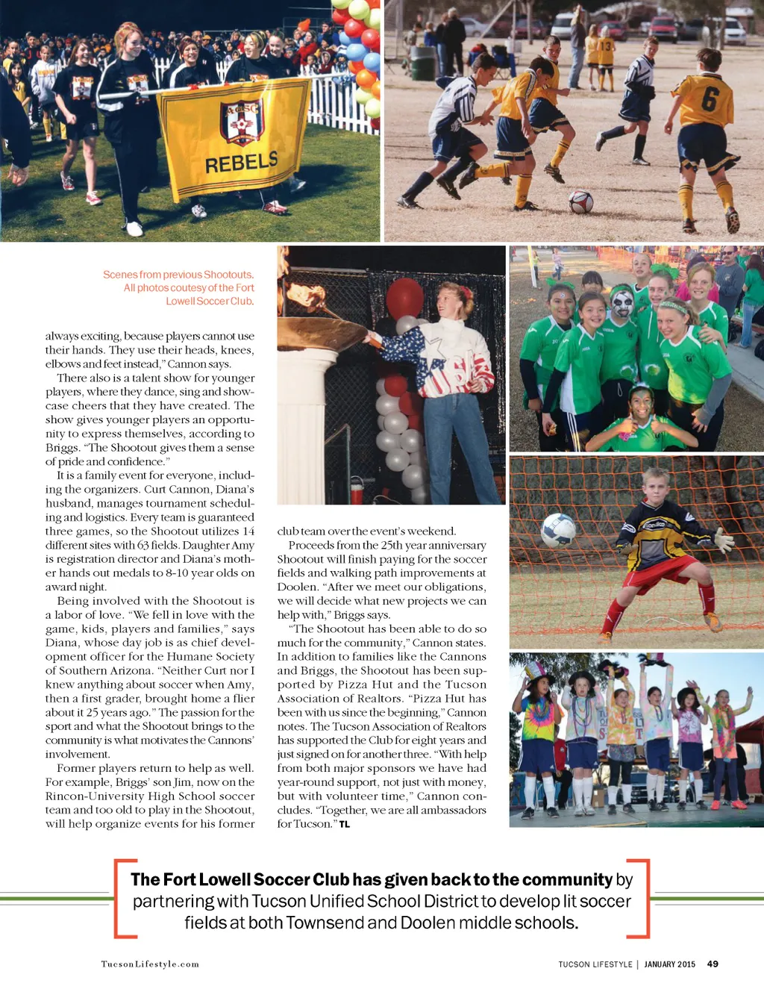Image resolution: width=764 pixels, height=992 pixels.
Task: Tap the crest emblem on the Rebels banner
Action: click(x=242, y=122)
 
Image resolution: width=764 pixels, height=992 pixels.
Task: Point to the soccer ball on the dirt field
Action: click(x=580, y=202)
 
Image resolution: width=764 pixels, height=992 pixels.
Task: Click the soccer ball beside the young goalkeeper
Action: click(x=558, y=530)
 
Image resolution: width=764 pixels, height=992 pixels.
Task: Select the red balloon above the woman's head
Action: click(x=404, y=297)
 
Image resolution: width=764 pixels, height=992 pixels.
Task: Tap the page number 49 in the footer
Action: click(x=713, y=964)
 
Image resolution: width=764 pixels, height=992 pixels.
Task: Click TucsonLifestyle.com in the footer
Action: click(x=150, y=964)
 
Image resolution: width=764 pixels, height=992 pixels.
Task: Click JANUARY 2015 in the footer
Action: click(x=669, y=964)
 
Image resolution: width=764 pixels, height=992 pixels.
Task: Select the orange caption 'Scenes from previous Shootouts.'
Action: click(x=178, y=275)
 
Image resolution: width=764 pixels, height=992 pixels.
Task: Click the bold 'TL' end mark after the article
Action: click(x=345, y=824)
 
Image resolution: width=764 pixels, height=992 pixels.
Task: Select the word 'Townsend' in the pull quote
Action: click(x=320, y=923)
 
